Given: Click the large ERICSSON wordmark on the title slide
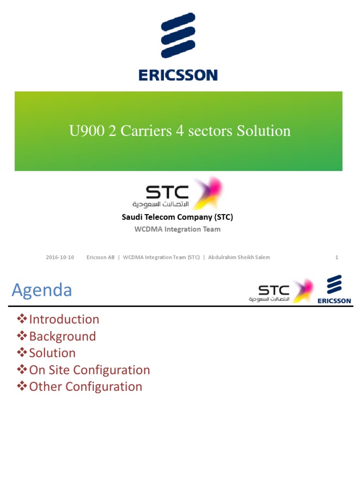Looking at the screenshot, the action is tap(178, 75).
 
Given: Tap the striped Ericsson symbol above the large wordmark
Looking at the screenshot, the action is tap(178, 35).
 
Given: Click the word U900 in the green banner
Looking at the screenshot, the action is tap(87, 131).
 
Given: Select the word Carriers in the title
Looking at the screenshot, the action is tap(146, 131).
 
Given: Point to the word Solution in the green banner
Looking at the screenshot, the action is tap(263, 131).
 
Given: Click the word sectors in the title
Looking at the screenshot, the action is tap(210, 131).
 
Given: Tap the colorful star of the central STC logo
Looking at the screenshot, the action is tap(208, 192).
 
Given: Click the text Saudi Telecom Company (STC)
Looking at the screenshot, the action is tap(177, 217).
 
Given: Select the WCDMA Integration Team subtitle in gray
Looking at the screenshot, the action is tap(177, 229).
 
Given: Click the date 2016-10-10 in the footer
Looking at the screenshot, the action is tap(60, 257).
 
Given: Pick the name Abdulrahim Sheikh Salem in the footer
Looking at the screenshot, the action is tap(239, 257).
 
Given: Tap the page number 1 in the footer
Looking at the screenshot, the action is tap(337, 257).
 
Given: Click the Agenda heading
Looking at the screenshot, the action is tap(42, 290).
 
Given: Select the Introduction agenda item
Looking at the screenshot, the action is tap(64, 319).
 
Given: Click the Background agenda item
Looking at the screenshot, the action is tap(62, 336).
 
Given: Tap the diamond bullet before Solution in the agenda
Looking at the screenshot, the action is tap(22, 352).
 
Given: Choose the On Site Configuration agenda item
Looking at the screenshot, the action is tap(90, 370).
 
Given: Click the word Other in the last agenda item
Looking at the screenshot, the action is tap(45, 387).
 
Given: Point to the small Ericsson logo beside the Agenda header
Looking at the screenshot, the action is tap(334, 289).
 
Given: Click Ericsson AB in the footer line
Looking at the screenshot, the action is tap(100, 257).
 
